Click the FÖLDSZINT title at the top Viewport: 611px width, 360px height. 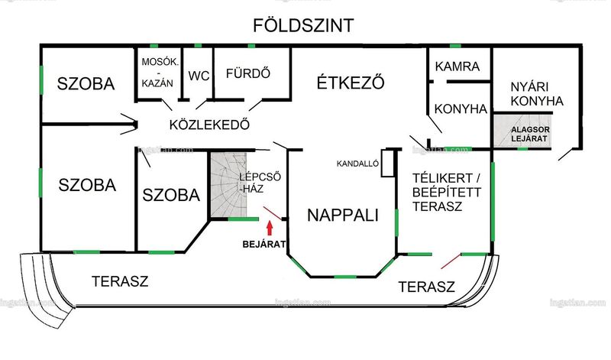(x=303, y=25)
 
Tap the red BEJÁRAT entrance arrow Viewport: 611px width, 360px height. (x=270, y=229)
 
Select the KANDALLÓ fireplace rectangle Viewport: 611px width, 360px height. (x=388, y=163)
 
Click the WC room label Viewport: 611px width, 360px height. (x=199, y=76)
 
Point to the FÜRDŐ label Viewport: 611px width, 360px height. (x=248, y=73)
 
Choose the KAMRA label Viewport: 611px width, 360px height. (x=457, y=66)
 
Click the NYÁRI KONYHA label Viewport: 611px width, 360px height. (x=537, y=93)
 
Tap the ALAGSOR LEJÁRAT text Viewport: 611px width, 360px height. (x=530, y=134)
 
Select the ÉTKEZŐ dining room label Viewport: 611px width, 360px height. (x=351, y=83)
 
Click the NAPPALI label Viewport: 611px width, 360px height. (x=343, y=215)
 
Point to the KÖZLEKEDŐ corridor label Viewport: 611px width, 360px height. (x=209, y=125)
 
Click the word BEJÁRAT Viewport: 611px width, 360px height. (x=264, y=244)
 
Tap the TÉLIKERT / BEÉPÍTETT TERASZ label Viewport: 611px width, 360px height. (x=447, y=192)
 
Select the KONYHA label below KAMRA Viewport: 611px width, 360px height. (x=461, y=109)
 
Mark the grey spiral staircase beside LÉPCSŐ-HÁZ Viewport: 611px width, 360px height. (x=228, y=184)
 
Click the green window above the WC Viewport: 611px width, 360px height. (x=198, y=46)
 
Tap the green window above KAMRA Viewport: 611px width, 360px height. (x=455, y=46)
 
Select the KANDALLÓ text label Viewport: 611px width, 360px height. (x=357, y=164)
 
